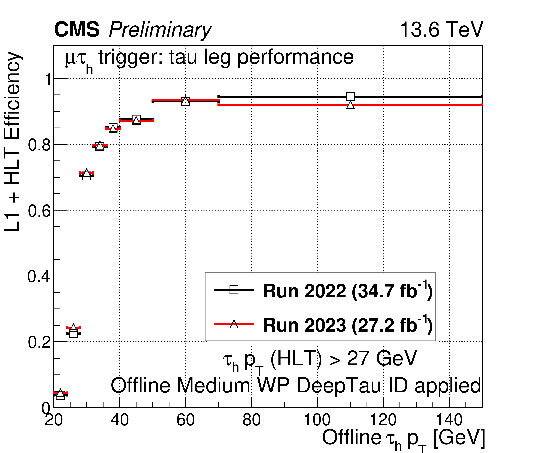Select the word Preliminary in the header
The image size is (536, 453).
click(160, 30)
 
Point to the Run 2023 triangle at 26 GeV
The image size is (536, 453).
click(73, 327)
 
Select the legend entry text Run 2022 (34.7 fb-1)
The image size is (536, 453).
click(348, 291)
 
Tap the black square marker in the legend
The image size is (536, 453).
click(234, 290)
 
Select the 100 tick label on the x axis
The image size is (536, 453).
click(317, 420)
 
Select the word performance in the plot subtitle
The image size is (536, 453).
click(295, 58)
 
